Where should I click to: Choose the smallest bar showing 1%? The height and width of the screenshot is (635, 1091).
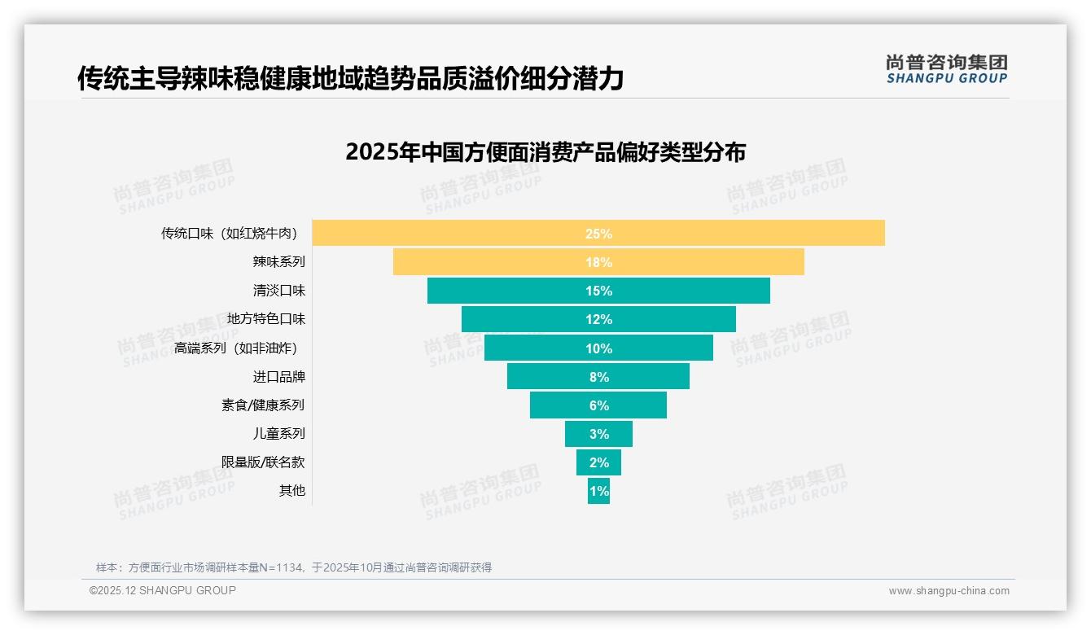pyautogui.click(x=598, y=491)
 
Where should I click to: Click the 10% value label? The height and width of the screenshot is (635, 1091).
pyautogui.click(x=598, y=348)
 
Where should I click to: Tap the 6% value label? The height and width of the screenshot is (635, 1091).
pyautogui.click(x=598, y=405)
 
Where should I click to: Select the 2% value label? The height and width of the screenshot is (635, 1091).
pyautogui.click(x=598, y=462)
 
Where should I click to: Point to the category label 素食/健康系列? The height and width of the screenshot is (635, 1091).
pyautogui.click(x=263, y=405)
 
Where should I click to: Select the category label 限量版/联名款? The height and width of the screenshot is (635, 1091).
pyautogui.click(x=263, y=462)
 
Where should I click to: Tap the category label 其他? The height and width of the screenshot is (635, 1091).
pyautogui.click(x=292, y=491)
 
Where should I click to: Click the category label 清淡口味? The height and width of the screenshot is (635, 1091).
pyautogui.click(x=279, y=291)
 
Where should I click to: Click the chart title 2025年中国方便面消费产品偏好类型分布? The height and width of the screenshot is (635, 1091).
pyautogui.click(x=545, y=152)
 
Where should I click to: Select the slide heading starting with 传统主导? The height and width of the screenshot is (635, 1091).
pyautogui.click(x=350, y=79)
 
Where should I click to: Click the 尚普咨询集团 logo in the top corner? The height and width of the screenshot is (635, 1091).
pyautogui.click(x=946, y=68)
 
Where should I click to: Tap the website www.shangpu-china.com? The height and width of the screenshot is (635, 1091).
pyautogui.click(x=949, y=591)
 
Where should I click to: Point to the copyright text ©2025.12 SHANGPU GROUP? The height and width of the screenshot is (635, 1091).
pyautogui.click(x=163, y=590)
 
